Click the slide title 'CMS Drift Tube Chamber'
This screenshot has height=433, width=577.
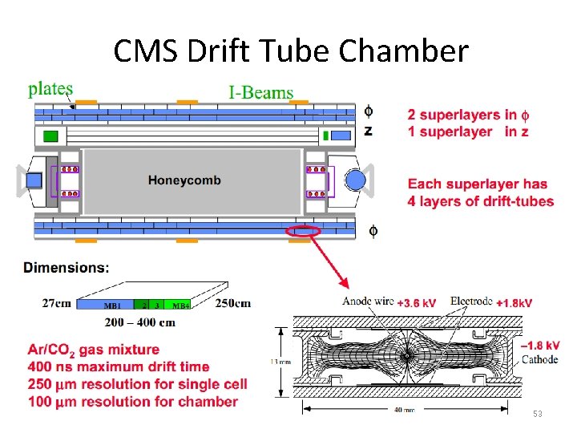[x=290, y=51]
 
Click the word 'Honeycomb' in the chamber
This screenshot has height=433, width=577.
[x=184, y=180]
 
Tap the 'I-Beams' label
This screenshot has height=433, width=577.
[x=261, y=92]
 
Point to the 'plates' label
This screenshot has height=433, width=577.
[x=50, y=89]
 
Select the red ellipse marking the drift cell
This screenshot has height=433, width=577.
[x=302, y=231]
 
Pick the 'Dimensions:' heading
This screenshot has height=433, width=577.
[x=67, y=267]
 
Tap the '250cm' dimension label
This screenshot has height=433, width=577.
[x=233, y=303]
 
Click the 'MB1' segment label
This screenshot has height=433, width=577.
[x=113, y=306]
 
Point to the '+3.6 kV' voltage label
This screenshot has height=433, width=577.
[x=417, y=303]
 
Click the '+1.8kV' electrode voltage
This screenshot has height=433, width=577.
[x=514, y=303]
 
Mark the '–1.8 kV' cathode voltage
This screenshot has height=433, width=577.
[x=541, y=346]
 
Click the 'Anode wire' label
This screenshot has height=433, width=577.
[x=368, y=302]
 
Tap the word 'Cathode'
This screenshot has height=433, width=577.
[x=539, y=359]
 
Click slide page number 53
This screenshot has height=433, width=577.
[x=538, y=415]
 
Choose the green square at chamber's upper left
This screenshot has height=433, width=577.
[x=50, y=136]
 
